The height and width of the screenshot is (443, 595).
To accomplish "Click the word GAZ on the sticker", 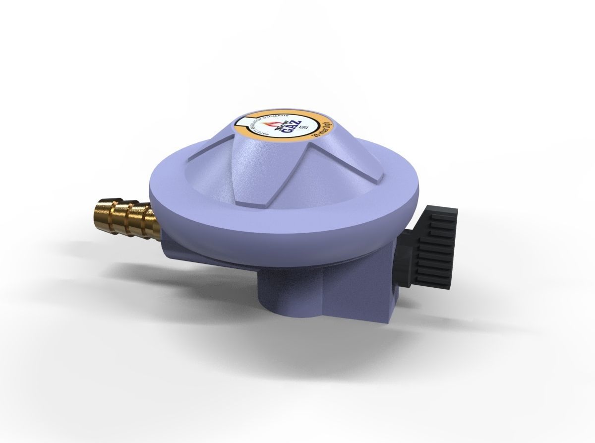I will click(291, 127).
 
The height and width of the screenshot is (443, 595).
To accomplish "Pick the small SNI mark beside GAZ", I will click(303, 127).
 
